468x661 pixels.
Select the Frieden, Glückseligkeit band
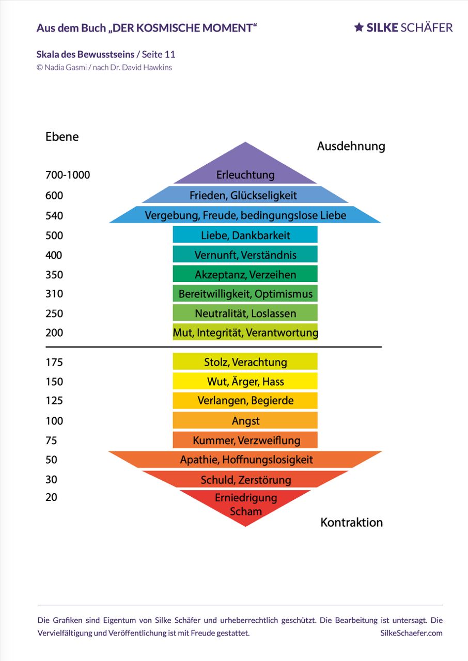click(245, 195)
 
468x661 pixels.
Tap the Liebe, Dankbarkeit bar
click(245, 234)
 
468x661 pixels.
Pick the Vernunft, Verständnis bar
click(245, 254)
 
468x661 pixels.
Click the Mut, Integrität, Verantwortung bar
click(245, 332)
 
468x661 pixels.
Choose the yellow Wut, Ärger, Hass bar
click(245, 381)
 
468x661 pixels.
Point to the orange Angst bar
click(245, 420)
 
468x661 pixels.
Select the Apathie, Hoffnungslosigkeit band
click(245, 459)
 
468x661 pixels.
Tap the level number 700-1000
click(68, 175)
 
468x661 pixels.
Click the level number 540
click(54, 215)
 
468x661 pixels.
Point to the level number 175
click(54, 362)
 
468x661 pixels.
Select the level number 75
click(51, 440)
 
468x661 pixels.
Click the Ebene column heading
click(62, 137)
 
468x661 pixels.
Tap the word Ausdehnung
click(351, 146)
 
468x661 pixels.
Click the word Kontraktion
click(351, 522)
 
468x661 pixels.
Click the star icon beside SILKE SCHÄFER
click(359, 27)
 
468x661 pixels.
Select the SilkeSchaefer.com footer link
click(411, 633)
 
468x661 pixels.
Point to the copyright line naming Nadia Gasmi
click(104, 67)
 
